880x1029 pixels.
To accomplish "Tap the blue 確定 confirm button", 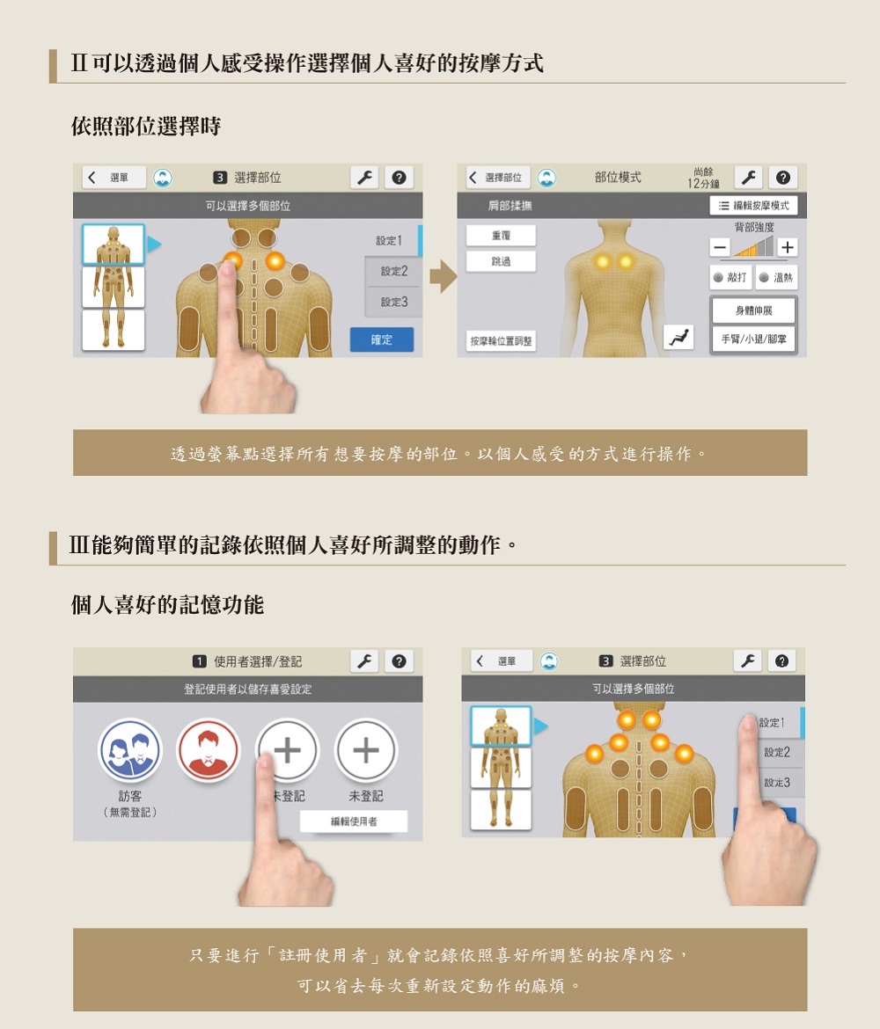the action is pyautogui.click(x=382, y=339).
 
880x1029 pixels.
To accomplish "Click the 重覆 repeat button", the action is pyautogui.click(x=501, y=235).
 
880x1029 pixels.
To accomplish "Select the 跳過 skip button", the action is pyautogui.click(x=501, y=261).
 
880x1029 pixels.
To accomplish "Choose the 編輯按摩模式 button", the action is pyautogui.click(x=754, y=206).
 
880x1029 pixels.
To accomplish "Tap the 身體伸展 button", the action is pyautogui.click(x=754, y=310).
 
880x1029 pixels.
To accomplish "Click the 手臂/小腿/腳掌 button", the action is pyautogui.click(x=754, y=339).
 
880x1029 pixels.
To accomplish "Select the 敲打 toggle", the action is pyautogui.click(x=730, y=278).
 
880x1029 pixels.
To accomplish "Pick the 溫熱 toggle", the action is pyautogui.click(x=776, y=278).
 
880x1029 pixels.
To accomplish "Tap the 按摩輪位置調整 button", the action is pyautogui.click(x=501, y=340).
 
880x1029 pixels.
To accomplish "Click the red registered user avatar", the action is pyautogui.click(x=209, y=750).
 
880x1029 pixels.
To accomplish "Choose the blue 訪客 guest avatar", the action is pyautogui.click(x=129, y=750).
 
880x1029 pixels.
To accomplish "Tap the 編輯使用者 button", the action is pyautogui.click(x=354, y=821).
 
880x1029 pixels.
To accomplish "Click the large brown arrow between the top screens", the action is pyautogui.click(x=444, y=276).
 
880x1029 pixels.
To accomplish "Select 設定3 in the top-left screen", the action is pyautogui.click(x=394, y=302).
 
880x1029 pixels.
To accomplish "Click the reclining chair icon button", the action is pyautogui.click(x=679, y=338).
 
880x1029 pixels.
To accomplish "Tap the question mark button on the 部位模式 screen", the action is pyautogui.click(x=783, y=177).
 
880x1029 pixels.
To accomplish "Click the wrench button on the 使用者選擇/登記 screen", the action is pyautogui.click(x=364, y=661).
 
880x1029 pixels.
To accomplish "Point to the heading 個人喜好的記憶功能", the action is pyautogui.click(x=167, y=604).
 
